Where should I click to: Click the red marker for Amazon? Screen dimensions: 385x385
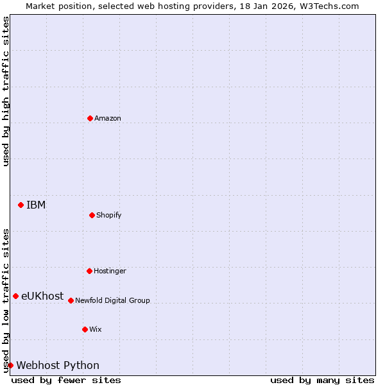pos(90,118)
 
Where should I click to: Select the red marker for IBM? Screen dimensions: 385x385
pos(21,205)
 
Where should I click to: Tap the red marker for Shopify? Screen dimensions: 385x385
pos(92,215)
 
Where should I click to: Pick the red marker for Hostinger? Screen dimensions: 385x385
pos(89,271)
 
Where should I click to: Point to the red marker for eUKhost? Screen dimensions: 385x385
pos(15,296)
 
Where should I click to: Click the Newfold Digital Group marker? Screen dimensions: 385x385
pos(71,300)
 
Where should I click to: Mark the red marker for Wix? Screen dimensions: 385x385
pos(85,329)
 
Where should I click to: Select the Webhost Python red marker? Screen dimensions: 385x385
pos(10,365)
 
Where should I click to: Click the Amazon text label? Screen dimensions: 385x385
pos(108,119)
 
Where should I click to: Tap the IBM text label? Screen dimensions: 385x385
pos(36,205)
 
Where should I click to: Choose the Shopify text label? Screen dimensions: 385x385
pos(109,216)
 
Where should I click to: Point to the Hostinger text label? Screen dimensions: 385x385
pos(110,271)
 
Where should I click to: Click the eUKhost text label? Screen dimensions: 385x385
pos(42,296)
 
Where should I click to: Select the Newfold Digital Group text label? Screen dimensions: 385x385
pos(112,301)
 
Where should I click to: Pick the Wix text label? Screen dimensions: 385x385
pos(96,330)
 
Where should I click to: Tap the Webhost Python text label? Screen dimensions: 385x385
pos(58,366)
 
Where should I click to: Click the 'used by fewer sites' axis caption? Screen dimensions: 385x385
pos(66,380)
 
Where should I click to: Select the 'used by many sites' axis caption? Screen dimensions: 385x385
pos(322,380)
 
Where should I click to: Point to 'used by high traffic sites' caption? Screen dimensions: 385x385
pos(6,91)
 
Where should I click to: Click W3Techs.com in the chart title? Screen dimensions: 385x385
pos(327,6)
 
